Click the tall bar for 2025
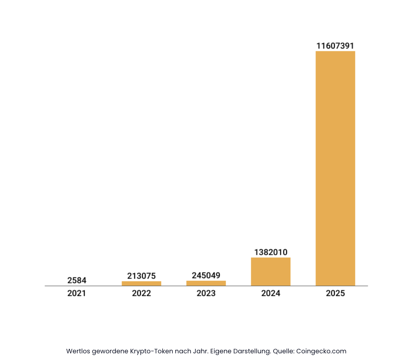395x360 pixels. click(335, 168)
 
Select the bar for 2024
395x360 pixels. click(270, 271)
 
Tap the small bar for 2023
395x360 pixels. click(206, 283)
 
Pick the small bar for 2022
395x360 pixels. click(141, 283)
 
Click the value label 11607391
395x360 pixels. click(335, 46)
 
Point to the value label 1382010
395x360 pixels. click(270, 252)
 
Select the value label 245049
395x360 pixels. click(206, 276)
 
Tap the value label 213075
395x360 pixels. click(141, 276)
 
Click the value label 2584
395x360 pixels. click(77, 280)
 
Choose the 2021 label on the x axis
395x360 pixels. click(77, 293)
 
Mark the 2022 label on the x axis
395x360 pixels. click(141, 293)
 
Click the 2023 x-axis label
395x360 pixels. click(206, 293)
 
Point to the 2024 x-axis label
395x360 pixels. click(270, 293)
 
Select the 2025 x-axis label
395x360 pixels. click(335, 293)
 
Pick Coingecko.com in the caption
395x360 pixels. click(321, 351)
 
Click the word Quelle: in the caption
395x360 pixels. click(283, 351)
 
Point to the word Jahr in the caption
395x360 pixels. click(199, 351)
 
